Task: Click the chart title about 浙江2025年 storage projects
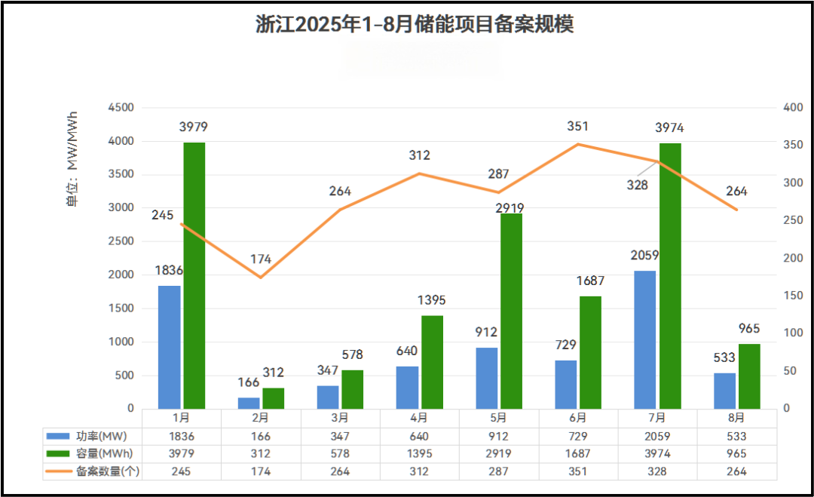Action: (x=415, y=24)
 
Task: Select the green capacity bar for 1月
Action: (x=194, y=275)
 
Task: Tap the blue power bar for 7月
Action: (x=645, y=339)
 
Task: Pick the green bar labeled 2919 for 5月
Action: (x=512, y=311)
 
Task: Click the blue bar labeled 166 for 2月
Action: (x=249, y=403)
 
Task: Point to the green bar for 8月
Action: (x=749, y=376)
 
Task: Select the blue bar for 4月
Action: (x=407, y=388)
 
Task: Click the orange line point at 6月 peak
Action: (x=577, y=144)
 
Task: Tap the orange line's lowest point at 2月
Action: (x=261, y=278)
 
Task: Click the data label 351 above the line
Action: (x=577, y=127)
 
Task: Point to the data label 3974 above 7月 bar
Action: (x=669, y=128)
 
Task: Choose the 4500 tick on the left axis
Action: (x=121, y=108)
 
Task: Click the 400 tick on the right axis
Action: (x=794, y=108)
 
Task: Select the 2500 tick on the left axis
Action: (x=121, y=241)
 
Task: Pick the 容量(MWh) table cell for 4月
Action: (x=419, y=454)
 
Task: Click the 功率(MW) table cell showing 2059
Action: (x=657, y=437)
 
